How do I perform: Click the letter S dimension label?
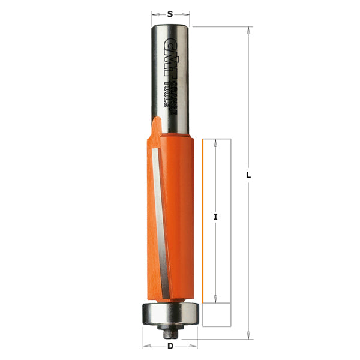coord(170,13)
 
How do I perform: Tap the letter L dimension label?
coord(248,175)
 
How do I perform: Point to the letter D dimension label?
coord(170,346)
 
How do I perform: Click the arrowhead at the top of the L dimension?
coord(248,30)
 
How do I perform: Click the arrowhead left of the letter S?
coord(153,13)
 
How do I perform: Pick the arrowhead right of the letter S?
coord(188,13)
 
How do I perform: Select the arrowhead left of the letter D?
coord(145,346)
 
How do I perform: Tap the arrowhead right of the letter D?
coord(195,346)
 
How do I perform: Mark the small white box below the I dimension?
coord(217,313)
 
